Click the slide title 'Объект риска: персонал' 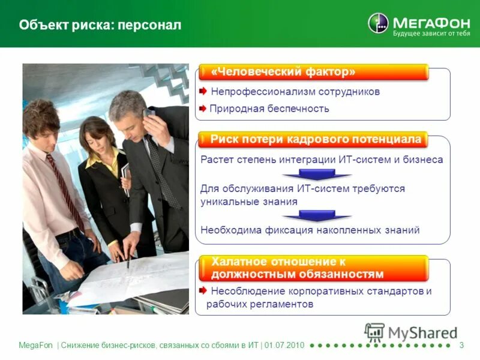click(x=100, y=25)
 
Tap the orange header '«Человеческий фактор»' click(x=283, y=72)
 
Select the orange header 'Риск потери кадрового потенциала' click(x=316, y=140)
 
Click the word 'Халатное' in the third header click(x=235, y=262)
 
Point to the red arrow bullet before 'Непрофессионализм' click(x=203, y=91)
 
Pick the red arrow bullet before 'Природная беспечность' click(x=203, y=109)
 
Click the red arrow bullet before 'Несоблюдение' click(x=204, y=291)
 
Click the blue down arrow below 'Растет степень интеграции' click(x=316, y=175)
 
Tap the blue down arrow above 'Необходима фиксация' click(x=316, y=215)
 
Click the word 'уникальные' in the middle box click(x=225, y=202)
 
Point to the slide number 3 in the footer click(x=461, y=345)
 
